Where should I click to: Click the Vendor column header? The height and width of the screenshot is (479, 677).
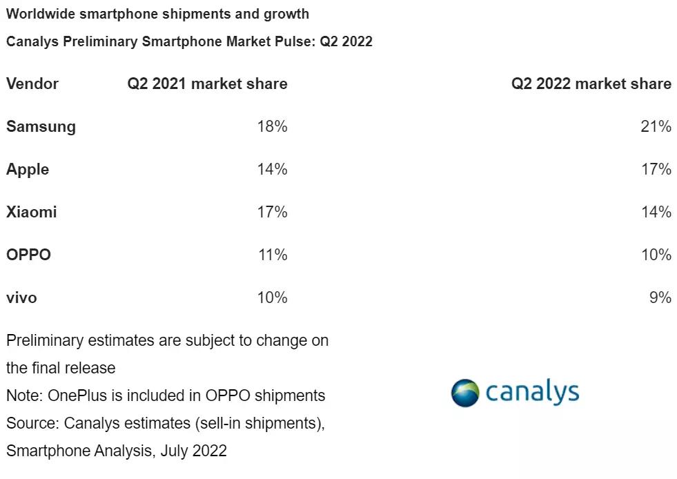click(32, 84)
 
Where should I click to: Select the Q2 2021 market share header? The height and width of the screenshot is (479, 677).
click(207, 84)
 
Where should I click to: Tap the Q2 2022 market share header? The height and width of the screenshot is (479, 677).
click(591, 84)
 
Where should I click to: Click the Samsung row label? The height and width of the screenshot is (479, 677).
click(41, 126)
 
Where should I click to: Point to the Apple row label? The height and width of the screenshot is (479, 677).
click(28, 169)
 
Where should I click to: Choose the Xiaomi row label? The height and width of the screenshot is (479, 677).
click(31, 212)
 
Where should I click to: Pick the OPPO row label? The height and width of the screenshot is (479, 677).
click(28, 255)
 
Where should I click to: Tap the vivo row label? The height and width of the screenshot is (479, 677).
click(21, 297)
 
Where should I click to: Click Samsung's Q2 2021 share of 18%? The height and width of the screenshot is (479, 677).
click(272, 126)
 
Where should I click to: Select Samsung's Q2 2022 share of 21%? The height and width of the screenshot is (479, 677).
click(656, 126)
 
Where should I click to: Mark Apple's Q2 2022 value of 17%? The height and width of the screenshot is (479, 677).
click(656, 169)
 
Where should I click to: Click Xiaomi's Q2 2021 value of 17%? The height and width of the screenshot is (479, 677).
click(272, 212)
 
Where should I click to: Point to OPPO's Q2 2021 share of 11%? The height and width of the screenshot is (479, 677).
click(272, 255)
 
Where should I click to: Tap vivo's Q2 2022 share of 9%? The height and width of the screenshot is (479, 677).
click(660, 297)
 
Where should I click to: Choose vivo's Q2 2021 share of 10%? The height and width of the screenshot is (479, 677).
click(272, 297)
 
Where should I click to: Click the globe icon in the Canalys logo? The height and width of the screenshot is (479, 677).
click(465, 393)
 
